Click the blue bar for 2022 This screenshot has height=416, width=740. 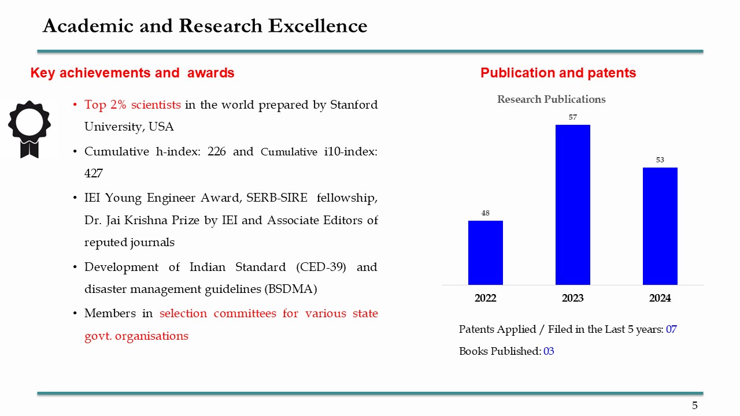click(x=486, y=252)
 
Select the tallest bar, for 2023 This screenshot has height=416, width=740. click(x=573, y=205)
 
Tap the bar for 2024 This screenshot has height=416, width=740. click(x=660, y=226)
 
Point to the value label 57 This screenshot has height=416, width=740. click(x=573, y=117)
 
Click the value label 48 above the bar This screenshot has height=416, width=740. click(x=486, y=213)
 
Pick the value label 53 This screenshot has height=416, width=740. click(x=660, y=160)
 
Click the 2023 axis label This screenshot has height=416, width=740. click(x=573, y=298)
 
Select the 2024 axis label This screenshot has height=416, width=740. click(x=660, y=298)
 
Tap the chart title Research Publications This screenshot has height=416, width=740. click(x=552, y=99)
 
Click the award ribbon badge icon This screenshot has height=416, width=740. click(x=29, y=128)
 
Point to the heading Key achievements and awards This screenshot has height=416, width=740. click(x=132, y=73)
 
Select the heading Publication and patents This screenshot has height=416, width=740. click(x=558, y=73)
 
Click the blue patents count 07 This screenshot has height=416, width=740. click(x=671, y=329)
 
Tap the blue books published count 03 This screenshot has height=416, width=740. click(x=549, y=351)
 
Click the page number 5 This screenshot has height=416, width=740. click(x=695, y=406)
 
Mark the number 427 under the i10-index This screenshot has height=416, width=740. click(x=94, y=173)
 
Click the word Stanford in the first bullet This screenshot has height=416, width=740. click(x=354, y=105)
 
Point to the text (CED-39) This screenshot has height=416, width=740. click(x=320, y=267)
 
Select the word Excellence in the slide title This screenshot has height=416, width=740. click(x=311, y=26)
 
